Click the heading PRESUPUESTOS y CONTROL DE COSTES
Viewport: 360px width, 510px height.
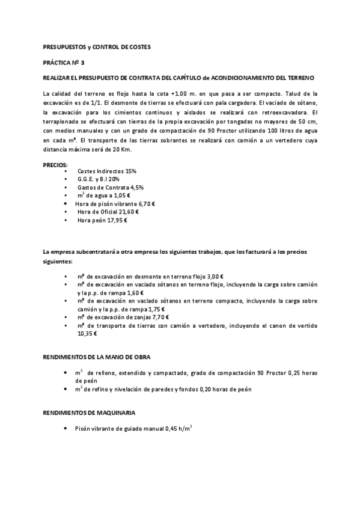97,46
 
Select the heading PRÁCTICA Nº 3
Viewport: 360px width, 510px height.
64,62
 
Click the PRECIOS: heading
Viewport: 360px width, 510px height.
55,164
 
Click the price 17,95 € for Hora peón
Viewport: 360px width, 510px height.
118,220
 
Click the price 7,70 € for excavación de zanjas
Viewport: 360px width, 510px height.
159,317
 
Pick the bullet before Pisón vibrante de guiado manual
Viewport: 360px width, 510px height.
65,429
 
